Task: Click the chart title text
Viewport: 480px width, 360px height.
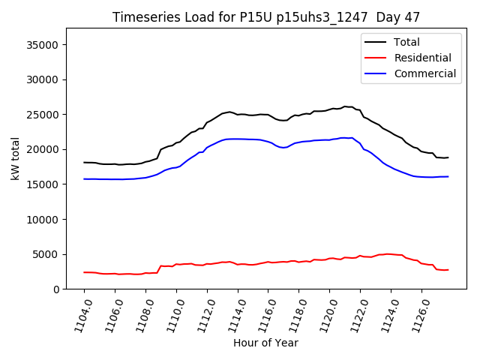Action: [x=266, y=17]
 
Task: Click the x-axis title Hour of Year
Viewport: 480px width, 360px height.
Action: [x=265, y=343]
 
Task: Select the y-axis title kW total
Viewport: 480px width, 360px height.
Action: [x=16, y=158]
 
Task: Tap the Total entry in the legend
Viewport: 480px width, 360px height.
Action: [x=407, y=42]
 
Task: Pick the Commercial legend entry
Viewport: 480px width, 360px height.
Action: [x=424, y=73]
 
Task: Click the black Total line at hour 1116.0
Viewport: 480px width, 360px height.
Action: [x=268, y=115]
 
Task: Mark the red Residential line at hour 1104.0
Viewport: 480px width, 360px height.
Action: [x=84, y=272]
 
